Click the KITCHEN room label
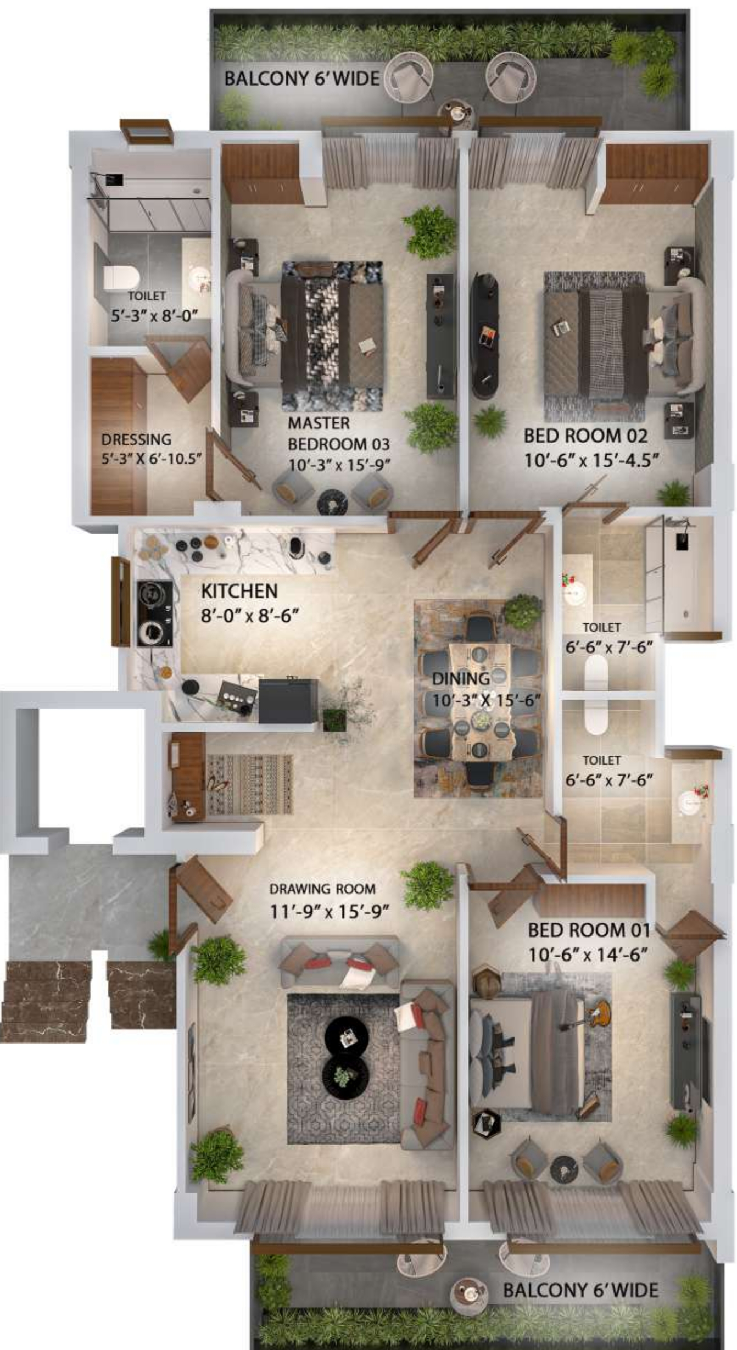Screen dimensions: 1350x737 (239, 591)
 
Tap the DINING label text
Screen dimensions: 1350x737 (461, 679)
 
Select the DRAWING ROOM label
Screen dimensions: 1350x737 (322, 889)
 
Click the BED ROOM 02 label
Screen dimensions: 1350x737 (585, 436)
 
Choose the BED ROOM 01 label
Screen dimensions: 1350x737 (589, 930)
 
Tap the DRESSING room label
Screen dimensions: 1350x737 (136, 439)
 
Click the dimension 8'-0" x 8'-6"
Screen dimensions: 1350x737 (249, 615)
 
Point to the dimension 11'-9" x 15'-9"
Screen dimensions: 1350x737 (329, 912)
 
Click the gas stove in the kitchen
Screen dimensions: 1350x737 (154, 613)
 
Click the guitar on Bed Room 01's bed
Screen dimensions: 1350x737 (599, 1012)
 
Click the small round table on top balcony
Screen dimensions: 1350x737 (456, 113)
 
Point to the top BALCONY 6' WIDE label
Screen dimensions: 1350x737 (302, 79)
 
